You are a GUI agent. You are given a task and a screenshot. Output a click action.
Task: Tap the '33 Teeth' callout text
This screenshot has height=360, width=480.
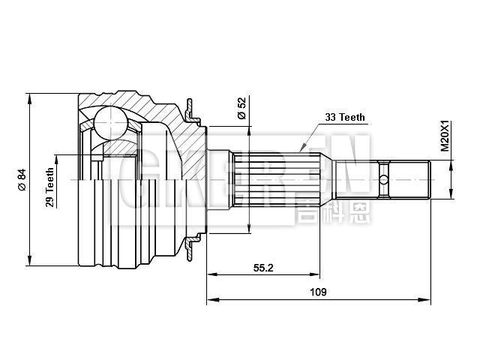click(345, 118)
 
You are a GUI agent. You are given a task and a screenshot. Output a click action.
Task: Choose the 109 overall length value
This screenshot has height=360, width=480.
click(318, 292)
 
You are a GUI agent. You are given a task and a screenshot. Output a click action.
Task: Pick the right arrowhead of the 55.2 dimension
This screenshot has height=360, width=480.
click(319, 274)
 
